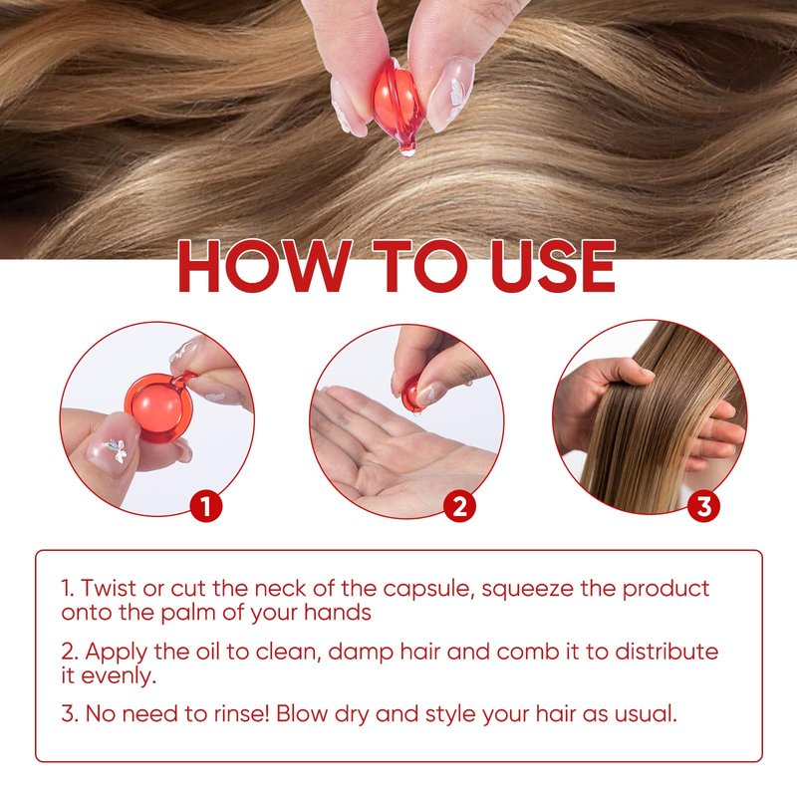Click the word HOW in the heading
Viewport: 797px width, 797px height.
(x=265, y=266)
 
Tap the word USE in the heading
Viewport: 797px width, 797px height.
(x=554, y=266)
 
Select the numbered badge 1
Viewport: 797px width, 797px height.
(x=206, y=506)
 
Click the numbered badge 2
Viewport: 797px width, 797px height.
(x=459, y=506)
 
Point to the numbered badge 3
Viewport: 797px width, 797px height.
(x=703, y=506)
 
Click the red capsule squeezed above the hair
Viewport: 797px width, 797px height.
(x=398, y=105)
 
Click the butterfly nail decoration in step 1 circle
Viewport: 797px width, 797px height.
(x=117, y=450)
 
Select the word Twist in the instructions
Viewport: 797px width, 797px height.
(x=109, y=588)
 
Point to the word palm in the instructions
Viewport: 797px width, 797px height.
(x=188, y=613)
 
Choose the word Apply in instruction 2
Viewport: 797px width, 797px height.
(x=116, y=653)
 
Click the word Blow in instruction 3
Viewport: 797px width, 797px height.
(x=302, y=713)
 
